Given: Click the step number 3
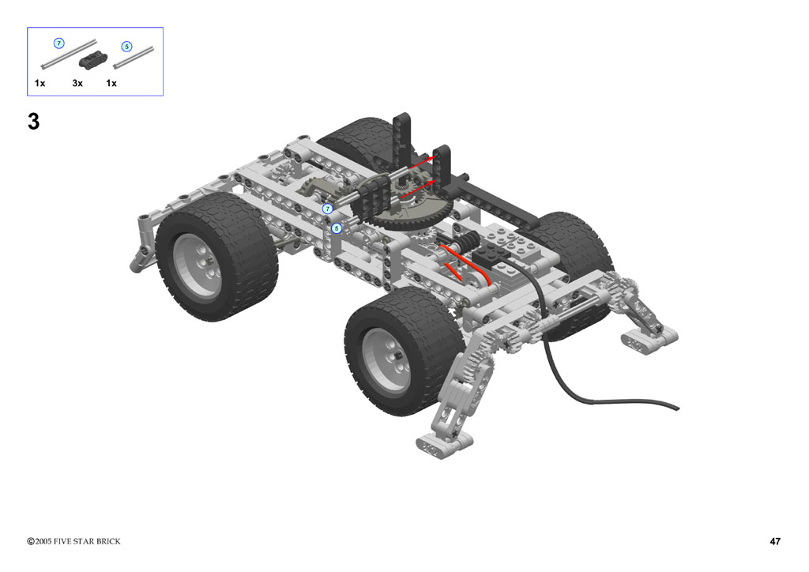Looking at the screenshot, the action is pyautogui.click(x=33, y=122).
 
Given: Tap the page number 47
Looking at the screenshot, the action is pyautogui.click(x=775, y=541).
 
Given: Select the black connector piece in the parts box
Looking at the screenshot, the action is pyautogui.click(x=93, y=60).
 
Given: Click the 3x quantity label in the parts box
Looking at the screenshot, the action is pyautogui.click(x=77, y=83).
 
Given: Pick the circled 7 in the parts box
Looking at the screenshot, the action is pyautogui.click(x=59, y=43).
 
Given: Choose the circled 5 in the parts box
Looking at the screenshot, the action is pyautogui.click(x=127, y=47).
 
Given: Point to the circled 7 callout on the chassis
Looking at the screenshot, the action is pyautogui.click(x=328, y=209).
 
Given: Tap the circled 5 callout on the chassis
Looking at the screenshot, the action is pyautogui.click(x=337, y=228).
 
